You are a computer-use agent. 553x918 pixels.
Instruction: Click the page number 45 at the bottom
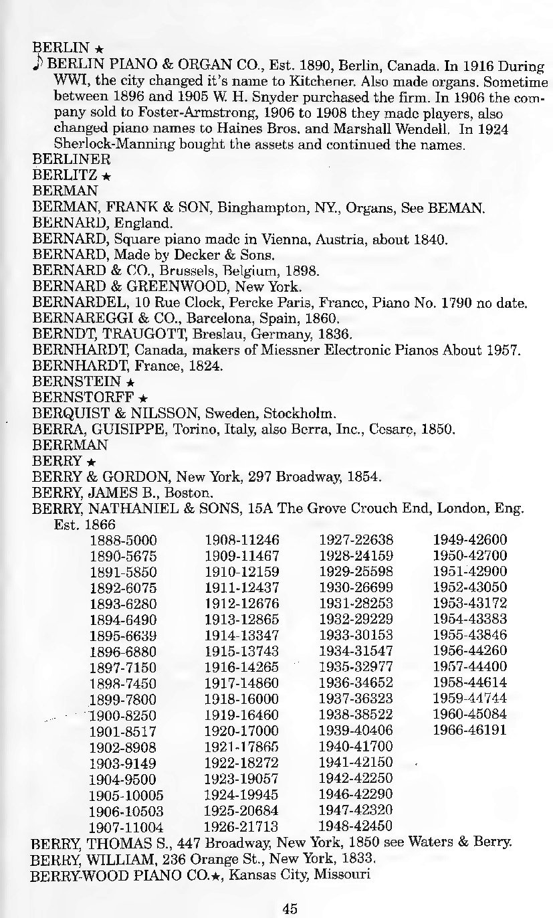coord(289,908)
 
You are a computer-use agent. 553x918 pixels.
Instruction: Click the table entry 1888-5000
coord(123,539)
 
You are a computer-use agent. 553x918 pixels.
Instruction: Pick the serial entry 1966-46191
coord(470,729)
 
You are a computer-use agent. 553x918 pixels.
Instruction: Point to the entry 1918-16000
coord(241,698)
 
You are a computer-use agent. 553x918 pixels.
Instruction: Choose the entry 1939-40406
coord(356,729)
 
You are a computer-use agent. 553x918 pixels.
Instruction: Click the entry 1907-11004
coord(126,826)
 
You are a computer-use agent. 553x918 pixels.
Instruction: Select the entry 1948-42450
coord(356,826)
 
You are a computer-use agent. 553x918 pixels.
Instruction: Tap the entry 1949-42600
coord(470,539)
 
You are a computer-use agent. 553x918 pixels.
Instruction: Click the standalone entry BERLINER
coord(66,160)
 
